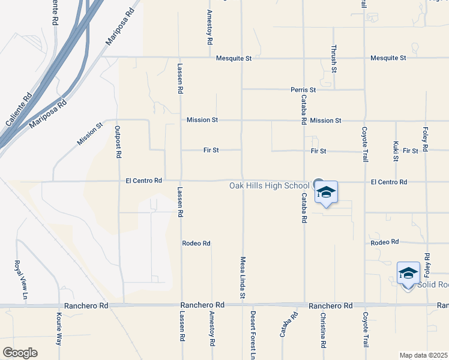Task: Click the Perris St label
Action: point(303,89)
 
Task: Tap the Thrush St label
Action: point(334,59)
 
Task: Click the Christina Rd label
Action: point(323,330)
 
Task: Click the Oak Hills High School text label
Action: point(269,185)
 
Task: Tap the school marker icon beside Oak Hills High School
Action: point(326,193)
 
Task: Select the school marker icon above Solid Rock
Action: point(408,274)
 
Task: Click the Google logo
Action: point(20,352)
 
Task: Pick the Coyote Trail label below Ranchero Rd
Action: point(364,328)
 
